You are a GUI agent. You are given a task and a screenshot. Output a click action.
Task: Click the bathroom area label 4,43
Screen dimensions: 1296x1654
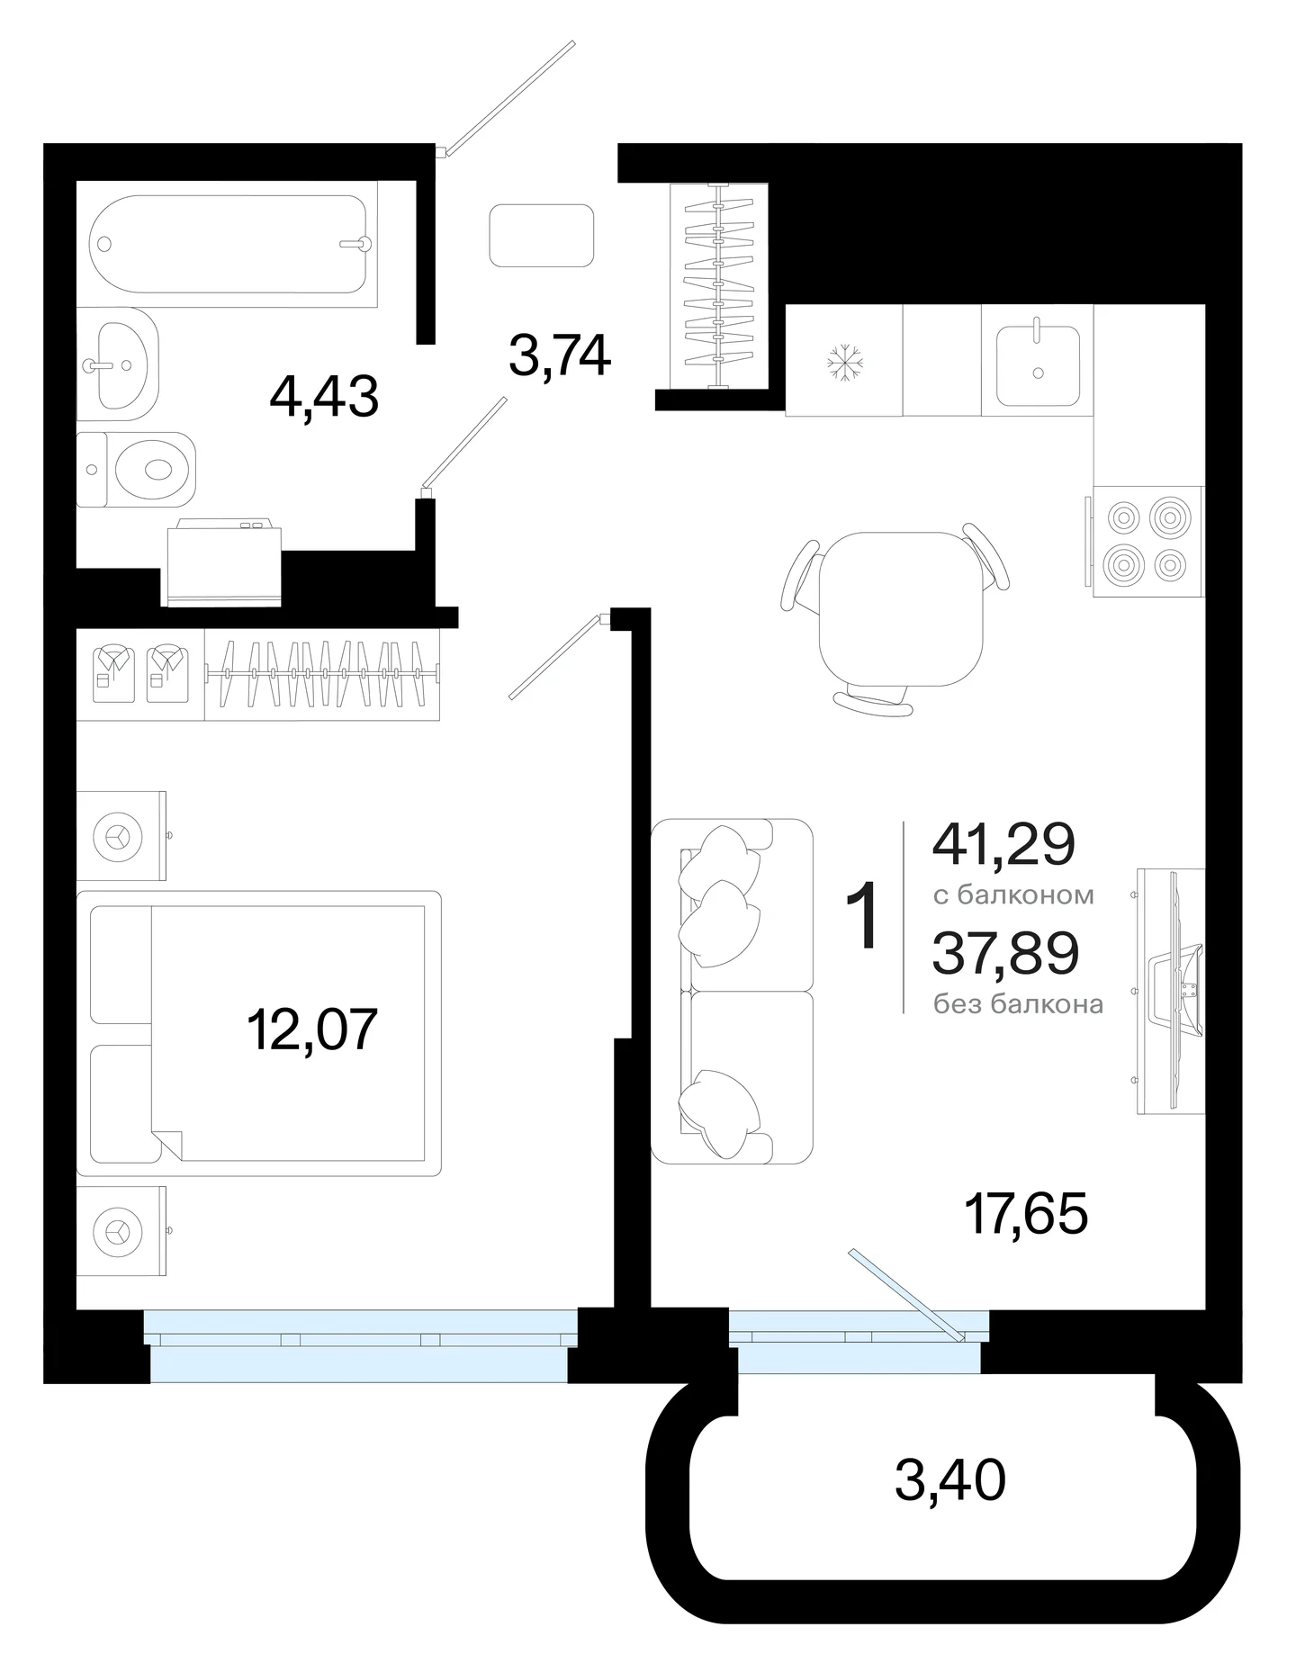[324, 397]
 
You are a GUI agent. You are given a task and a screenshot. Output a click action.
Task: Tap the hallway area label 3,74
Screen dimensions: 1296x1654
[560, 356]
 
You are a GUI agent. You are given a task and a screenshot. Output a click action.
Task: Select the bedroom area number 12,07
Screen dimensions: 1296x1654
[311, 1029]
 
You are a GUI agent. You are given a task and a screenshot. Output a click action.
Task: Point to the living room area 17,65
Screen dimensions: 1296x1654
[1026, 1213]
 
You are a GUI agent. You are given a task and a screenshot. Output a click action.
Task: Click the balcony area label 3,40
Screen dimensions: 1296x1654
[950, 1480]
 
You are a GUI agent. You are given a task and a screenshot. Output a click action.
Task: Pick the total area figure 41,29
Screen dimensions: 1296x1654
[1004, 844]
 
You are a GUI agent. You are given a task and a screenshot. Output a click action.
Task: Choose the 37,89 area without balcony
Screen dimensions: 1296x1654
[1005, 953]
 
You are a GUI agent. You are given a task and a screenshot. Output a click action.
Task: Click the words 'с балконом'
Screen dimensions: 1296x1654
[1013, 895]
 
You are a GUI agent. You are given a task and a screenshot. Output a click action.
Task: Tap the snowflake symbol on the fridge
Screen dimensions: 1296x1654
[845, 362]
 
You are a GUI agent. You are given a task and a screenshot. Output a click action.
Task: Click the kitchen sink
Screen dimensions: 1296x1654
[1038, 364]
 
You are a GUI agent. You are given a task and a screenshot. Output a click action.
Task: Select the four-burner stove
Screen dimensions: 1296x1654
[1148, 541]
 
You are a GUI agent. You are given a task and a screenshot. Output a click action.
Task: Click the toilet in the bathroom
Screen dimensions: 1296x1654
[136, 470]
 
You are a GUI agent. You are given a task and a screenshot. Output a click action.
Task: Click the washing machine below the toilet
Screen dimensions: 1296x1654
[221, 562]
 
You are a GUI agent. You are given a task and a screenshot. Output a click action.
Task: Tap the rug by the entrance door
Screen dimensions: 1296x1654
[542, 235]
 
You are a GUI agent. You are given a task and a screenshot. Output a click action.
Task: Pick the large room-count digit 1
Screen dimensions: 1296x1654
[862, 916]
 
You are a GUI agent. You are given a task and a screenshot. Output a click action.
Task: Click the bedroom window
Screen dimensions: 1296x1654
[360, 1345]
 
